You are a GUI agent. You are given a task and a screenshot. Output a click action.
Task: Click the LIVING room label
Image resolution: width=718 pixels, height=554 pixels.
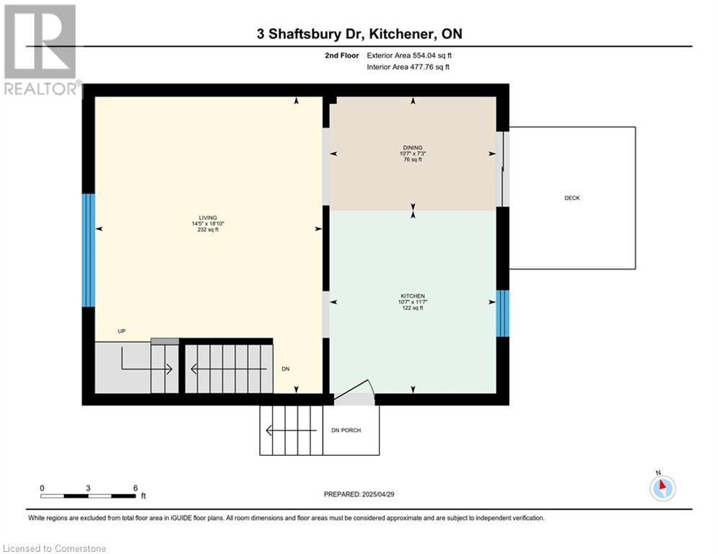[x=208, y=218]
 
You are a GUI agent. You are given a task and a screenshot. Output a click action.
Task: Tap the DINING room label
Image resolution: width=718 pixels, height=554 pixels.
[x=413, y=147]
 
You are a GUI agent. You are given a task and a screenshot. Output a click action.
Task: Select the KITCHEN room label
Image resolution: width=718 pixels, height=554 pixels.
[x=413, y=296]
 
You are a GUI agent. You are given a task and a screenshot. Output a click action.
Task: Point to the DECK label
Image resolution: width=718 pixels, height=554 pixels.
[x=572, y=198]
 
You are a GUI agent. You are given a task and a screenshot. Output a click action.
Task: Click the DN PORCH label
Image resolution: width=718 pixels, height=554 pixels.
[x=346, y=431]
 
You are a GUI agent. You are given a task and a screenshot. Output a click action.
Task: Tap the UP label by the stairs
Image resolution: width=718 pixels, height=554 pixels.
[x=121, y=331]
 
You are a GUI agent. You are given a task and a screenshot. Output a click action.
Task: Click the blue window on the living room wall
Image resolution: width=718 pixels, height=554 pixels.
[x=88, y=250]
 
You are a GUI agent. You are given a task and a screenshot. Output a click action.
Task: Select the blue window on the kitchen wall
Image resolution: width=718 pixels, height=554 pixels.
[x=503, y=314]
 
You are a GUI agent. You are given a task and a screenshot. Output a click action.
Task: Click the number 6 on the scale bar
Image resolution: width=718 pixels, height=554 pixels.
[x=136, y=488]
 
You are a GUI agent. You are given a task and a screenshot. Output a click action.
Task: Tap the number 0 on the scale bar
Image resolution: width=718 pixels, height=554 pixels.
[x=42, y=488]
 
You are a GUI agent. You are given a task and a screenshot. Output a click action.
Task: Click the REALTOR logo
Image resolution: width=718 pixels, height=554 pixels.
[x=40, y=50]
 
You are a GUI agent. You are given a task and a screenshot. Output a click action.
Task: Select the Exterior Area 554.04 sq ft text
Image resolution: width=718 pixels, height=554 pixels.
[x=409, y=56]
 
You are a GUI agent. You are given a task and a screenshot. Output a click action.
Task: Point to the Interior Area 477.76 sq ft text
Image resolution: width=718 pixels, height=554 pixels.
[x=408, y=67]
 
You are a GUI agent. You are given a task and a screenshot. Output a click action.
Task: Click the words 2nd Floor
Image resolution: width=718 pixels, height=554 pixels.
[x=341, y=56]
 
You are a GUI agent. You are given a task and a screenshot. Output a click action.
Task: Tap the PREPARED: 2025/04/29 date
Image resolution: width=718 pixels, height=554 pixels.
[x=359, y=494]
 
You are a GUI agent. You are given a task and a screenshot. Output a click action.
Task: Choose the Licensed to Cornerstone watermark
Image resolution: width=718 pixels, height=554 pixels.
[x=54, y=548]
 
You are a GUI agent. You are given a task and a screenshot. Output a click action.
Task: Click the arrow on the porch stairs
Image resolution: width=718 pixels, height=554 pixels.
[x=292, y=431]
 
